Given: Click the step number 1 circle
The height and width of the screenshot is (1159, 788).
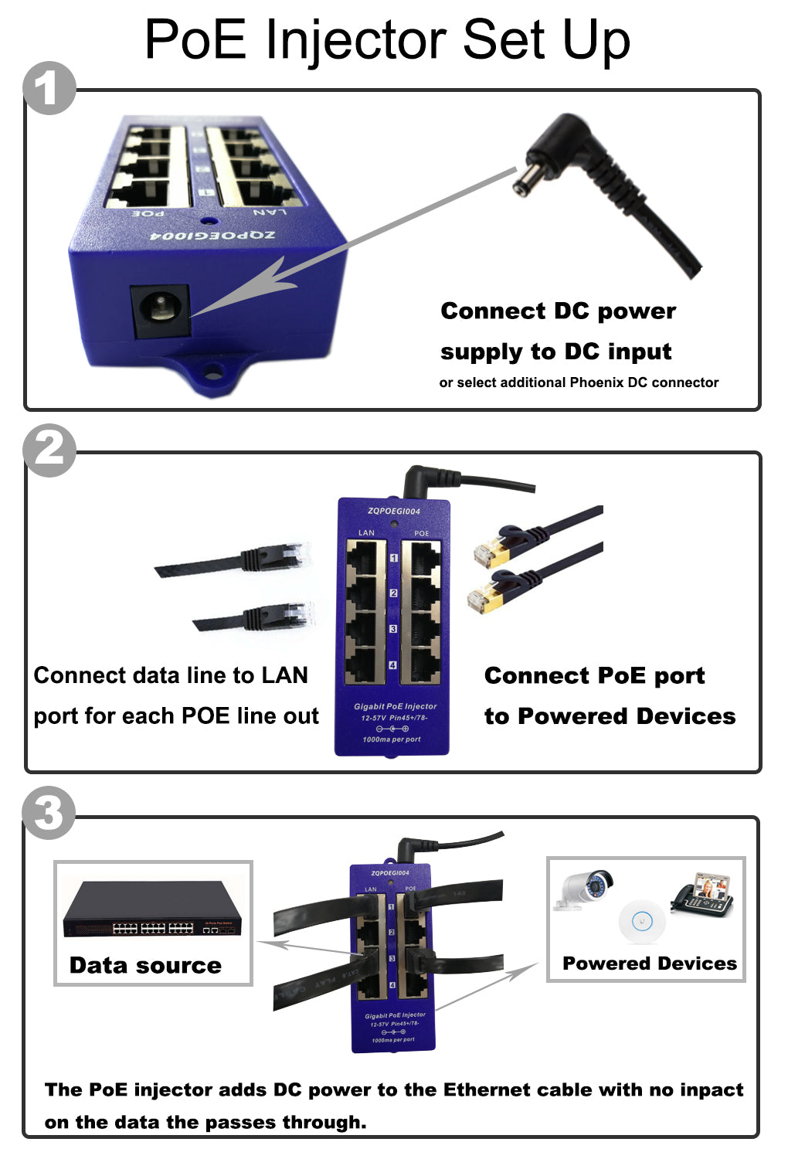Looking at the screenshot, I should coord(49,88).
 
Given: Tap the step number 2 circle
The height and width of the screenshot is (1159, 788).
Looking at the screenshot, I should coord(49,450).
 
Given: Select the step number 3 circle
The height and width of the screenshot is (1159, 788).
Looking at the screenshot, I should coord(49,813).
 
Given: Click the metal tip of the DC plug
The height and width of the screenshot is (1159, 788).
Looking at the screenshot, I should coord(525,184).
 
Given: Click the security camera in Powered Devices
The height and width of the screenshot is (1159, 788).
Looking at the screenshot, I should coord(586,889).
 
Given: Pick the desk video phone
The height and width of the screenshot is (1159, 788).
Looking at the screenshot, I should coord(703,896).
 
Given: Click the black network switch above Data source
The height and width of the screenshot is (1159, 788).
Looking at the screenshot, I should coord(151,910).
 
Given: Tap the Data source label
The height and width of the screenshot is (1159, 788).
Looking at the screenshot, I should coord(145,965).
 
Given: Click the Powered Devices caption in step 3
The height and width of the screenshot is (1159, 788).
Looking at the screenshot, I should coord(649,964).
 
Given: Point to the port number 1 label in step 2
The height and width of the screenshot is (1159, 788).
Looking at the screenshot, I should coord(393,557).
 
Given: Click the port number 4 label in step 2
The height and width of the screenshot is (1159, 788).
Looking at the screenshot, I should coord(393,665).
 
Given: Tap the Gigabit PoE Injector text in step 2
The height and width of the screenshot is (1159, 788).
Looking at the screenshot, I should coord(395,706).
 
